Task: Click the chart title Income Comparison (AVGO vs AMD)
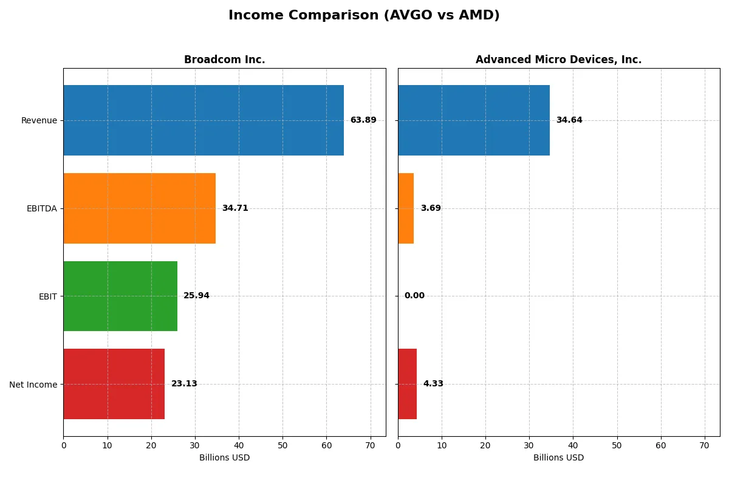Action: (x=364, y=16)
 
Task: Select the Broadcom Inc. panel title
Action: (x=224, y=60)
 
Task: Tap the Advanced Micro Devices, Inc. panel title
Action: (x=558, y=60)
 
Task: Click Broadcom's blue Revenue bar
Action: (x=204, y=120)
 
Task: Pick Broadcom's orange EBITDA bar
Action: (x=139, y=208)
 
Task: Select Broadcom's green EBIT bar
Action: (x=120, y=296)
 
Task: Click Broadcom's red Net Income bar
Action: (x=114, y=384)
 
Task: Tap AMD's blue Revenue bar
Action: (x=474, y=120)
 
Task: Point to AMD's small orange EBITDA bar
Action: (x=406, y=208)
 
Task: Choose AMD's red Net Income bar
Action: (x=407, y=384)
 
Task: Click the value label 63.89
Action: (x=363, y=120)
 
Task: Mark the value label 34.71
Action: (x=234, y=208)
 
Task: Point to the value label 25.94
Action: (x=196, y=296)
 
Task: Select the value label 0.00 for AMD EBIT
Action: (x=414, y=296)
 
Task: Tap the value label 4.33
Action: (x=433, y=384)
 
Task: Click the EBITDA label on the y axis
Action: (x=41, y=208)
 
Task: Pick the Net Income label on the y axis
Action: (x=33, y=384)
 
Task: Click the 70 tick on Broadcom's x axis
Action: (x=370, y=445)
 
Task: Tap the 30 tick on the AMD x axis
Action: (x=529, y=445)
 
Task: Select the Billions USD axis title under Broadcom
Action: (x=224, y=458)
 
